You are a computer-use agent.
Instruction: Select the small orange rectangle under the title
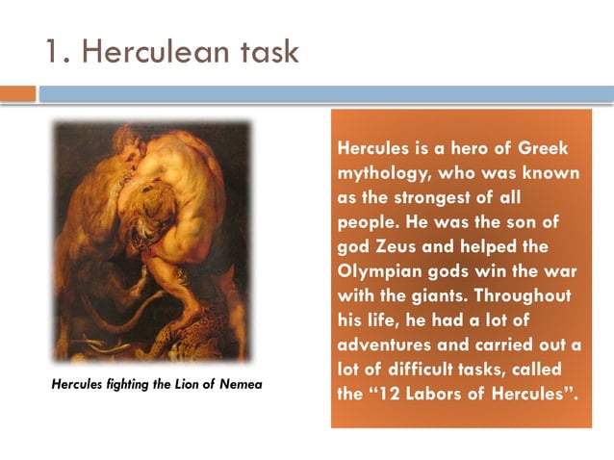[17, 93]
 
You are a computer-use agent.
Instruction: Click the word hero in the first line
[452, 151]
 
